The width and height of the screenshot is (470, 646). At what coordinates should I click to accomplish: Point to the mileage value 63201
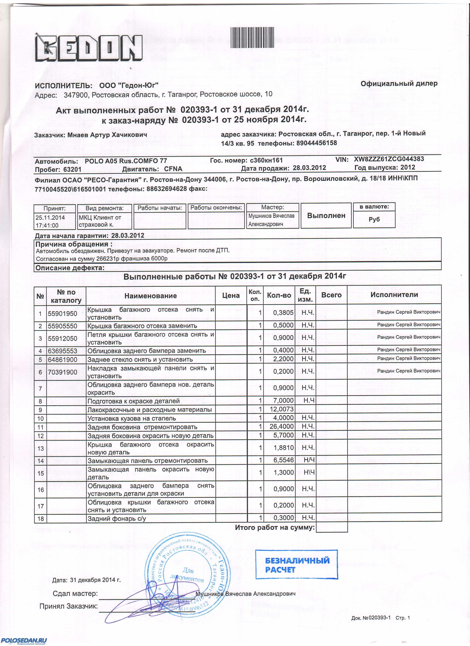click(x=72, y=169)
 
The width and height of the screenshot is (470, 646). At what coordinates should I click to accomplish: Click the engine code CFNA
click(x=173, y=169)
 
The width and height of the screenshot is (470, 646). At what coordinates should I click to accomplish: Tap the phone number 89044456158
click(x=316, y=143)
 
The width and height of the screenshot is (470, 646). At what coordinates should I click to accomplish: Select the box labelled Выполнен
click(x=326, y=216)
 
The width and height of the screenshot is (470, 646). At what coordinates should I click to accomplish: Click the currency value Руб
click(x=374, y=219)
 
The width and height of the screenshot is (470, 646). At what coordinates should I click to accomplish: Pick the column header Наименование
click(x=150, y=296)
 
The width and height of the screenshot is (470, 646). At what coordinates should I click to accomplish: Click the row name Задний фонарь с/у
click(x=117, y=518)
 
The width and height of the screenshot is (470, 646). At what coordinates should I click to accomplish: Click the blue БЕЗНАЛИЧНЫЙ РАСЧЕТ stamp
click(x=296, y=565)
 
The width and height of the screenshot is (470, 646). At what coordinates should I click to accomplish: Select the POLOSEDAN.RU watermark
click(x=24, y=640)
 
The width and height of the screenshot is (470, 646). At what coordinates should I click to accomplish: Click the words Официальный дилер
click(x=399, y=84)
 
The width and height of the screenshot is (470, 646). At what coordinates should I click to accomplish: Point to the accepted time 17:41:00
click(x=47, y=225)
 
